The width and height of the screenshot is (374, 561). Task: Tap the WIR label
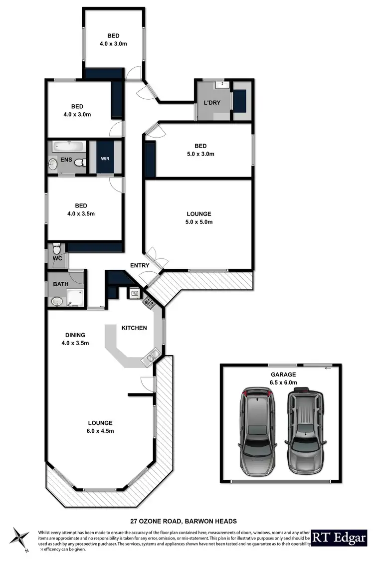(105, 159)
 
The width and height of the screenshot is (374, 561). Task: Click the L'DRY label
(212, 103)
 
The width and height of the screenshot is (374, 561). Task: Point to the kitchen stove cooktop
(149, 302)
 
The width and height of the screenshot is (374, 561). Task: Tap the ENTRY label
(140, 265)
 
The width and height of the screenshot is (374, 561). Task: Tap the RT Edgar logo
(340, 537)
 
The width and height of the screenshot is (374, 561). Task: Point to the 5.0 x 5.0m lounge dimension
(199, 222)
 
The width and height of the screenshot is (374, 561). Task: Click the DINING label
(75, 335)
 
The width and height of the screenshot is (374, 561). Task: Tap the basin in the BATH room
(55, 301)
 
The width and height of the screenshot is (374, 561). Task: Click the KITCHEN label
(134, 328)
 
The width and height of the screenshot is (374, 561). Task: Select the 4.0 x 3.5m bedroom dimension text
(81, 213)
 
